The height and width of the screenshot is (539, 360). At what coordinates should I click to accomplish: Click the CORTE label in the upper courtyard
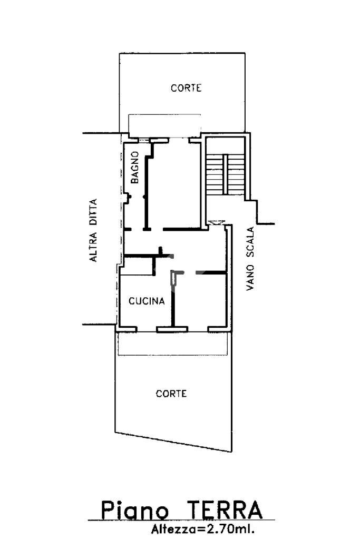coord(186,89)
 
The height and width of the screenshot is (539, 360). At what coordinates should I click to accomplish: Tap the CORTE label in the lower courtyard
coord(171,394)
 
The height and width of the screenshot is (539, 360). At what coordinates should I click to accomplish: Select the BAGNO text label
coord(134,168)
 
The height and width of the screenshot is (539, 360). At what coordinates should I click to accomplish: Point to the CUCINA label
coord(147,302)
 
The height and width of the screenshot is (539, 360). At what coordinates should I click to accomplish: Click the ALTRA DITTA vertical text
coord(93,230)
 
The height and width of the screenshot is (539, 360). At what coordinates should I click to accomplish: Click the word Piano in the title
coord(135,511)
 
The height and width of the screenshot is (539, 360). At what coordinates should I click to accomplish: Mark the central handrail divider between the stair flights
coord(224,174)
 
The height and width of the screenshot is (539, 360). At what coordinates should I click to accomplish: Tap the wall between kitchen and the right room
coord(173,298)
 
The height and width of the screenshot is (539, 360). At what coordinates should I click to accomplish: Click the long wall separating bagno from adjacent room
coord(147,192)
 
